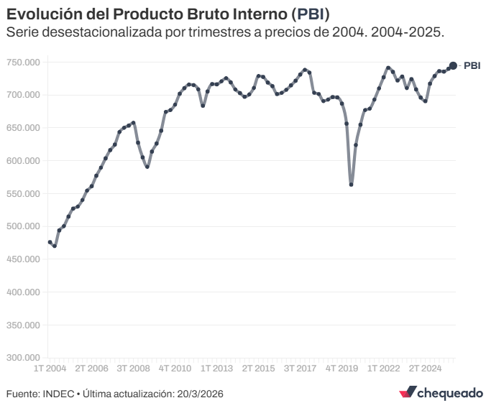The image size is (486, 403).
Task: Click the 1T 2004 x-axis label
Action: pos(50,369)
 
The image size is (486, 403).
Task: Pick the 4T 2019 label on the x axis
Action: pos(342,369)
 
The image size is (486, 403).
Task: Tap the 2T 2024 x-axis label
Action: pos(426,369)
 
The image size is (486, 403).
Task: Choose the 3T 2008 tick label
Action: pos(133,369)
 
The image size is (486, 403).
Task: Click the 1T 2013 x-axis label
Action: pos(216,369)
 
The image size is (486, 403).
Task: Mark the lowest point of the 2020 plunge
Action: pos(351,185)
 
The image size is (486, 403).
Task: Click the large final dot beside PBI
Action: pos(453,66)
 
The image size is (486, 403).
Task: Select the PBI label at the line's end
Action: pos(472,66)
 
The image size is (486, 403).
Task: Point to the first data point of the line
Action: pos(50,242)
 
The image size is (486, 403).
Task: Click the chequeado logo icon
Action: pos(408,392)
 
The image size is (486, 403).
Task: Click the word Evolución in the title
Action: pos(41,14)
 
